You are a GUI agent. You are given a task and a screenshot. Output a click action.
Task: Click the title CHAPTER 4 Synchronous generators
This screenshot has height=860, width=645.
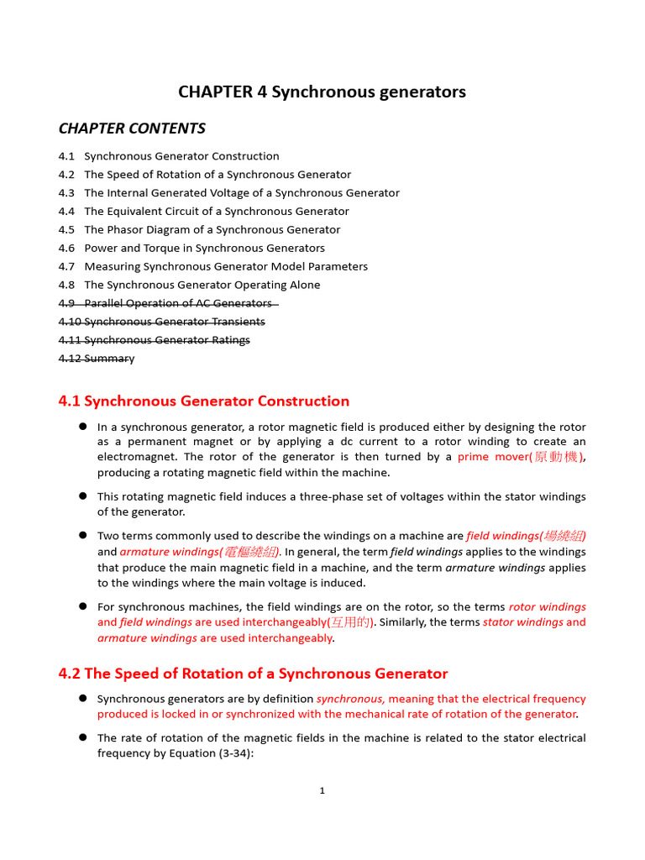click(322, 92)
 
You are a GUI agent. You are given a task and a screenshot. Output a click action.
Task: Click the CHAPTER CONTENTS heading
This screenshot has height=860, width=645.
click(132, 128)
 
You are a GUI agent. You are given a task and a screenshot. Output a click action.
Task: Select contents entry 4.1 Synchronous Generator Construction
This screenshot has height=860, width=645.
click(169, 156)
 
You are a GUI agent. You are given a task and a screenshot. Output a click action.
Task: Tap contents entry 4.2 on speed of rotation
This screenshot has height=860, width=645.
click(205, 175)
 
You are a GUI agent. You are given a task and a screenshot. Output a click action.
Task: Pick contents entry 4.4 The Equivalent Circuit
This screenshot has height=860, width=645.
click(204, 212)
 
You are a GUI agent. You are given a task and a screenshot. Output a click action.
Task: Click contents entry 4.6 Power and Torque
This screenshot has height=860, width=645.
click(191, 249)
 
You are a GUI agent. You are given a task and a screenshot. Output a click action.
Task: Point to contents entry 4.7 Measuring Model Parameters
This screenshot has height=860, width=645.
click(213, 267)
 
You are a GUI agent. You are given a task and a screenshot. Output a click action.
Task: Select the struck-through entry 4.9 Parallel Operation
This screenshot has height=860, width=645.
click(168, 303)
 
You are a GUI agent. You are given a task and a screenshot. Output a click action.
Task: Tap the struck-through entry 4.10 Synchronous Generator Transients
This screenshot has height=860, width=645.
click(162, 322)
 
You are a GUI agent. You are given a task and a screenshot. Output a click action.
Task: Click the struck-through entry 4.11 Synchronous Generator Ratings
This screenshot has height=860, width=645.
click(155, 340)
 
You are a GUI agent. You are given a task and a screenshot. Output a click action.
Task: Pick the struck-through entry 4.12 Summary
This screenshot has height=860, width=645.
click(97, 359)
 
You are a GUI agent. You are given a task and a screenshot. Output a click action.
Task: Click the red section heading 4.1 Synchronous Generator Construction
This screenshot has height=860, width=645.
click(204, 401)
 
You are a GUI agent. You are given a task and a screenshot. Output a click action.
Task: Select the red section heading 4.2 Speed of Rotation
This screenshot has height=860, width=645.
click(253, 674)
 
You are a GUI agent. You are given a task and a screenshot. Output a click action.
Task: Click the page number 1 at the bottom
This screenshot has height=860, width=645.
click(322, 790)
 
